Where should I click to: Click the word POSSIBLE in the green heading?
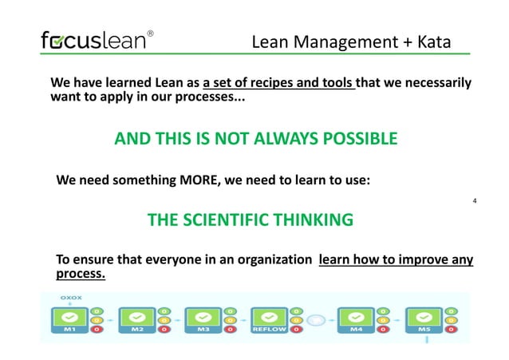(357, 140)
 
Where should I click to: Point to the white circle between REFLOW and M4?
(316, 319)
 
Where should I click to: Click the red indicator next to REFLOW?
(296, 330)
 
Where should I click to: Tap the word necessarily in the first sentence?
(432, 83)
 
